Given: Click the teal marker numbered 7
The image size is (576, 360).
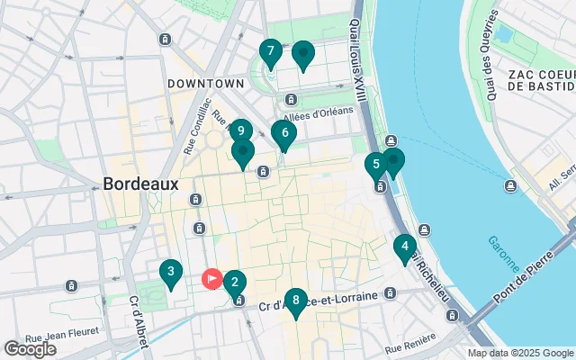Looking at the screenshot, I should (x=269, y=52).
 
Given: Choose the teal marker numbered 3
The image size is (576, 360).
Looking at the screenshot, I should (x=170, y=271).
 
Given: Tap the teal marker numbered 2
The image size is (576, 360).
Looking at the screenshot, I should (x=234, y=283).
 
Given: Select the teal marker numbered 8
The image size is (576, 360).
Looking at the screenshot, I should (x=295, y=300).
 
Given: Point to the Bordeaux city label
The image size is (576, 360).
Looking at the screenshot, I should (x=140, y=183).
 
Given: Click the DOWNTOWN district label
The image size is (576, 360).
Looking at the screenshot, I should (x=205, y=83).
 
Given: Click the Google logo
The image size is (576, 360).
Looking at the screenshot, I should (x=30, y=349).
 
